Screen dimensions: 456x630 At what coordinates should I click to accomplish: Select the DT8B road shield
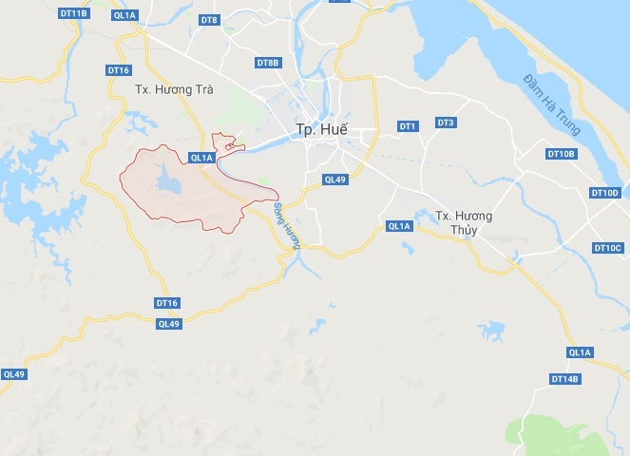click(x=268, y=63)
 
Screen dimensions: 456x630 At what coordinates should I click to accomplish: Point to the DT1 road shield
click(x=409, y=125)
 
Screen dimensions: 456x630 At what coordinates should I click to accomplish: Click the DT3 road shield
click(x=446, y=123)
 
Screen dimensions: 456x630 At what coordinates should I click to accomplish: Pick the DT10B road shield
click(x=562, y=153)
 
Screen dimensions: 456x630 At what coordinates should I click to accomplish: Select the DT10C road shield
click(x=606, y=248)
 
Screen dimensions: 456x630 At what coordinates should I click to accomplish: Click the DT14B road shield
click(x=564, y=379)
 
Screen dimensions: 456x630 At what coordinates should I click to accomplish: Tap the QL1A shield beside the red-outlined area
click(x=201, y=158)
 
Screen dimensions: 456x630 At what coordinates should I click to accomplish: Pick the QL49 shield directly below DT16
click(x=168, y=324)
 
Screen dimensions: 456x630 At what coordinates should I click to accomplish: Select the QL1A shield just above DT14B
click(x=580, y=352)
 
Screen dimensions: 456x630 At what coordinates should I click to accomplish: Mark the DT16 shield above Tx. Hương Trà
click(x=118, y=70)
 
